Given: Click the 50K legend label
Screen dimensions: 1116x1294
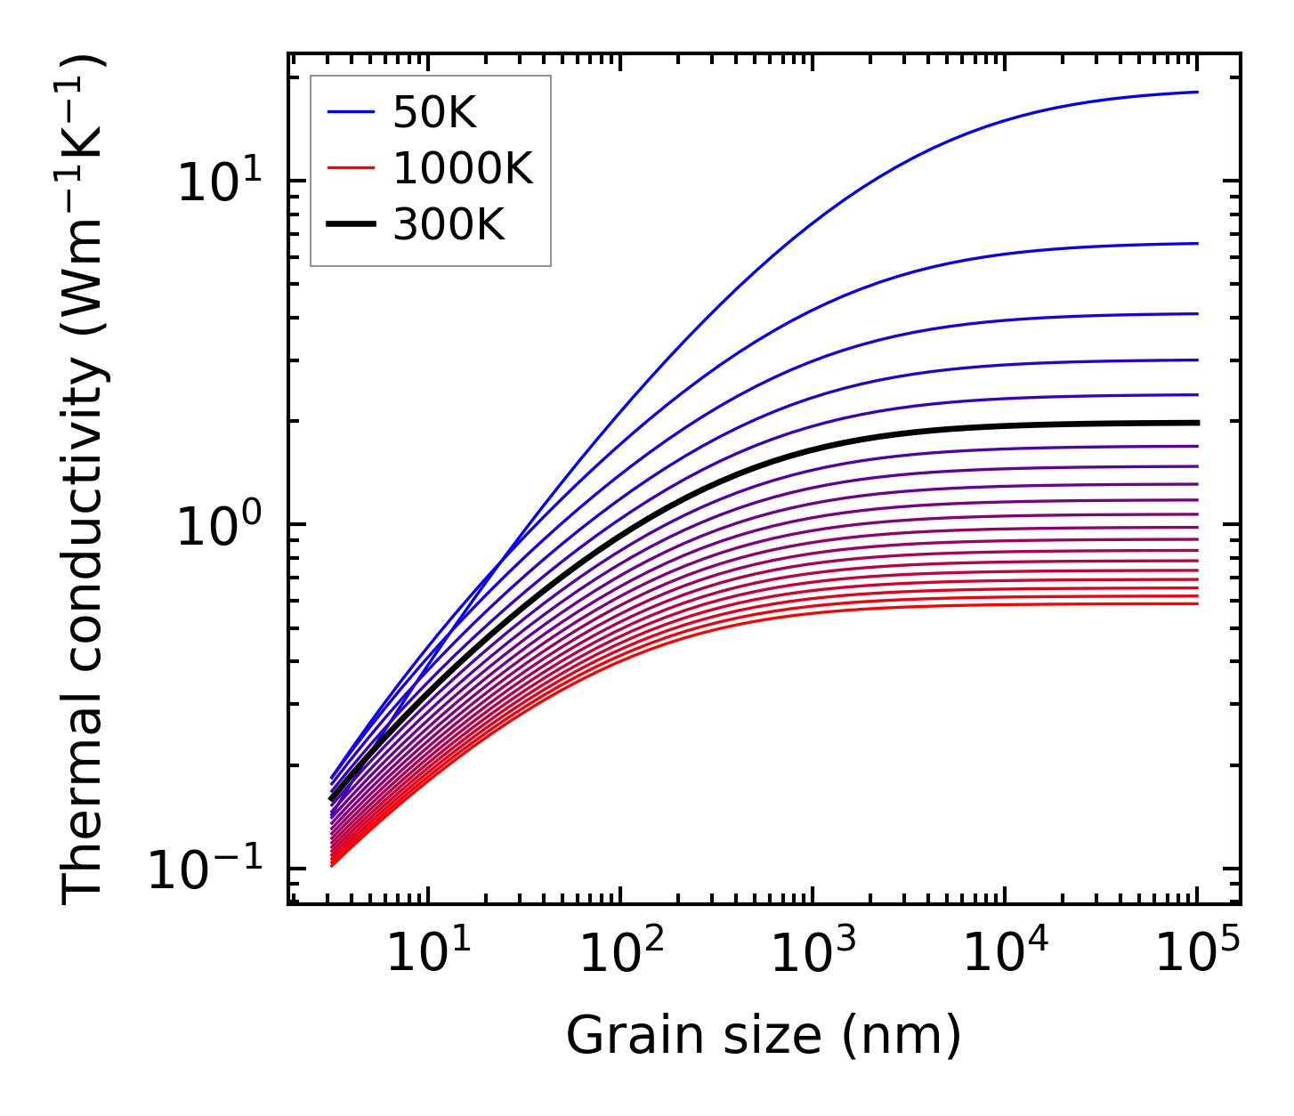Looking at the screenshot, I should pyautogui.click(x=434, y=113).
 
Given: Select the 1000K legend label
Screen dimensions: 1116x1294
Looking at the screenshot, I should pyautogui.click(x=463, y=168).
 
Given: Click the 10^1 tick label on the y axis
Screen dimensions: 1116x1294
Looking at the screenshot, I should pyautogui.click(x=218, y=182).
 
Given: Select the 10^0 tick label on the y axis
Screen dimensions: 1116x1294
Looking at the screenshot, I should pyautogui.click(x=218, y=527).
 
